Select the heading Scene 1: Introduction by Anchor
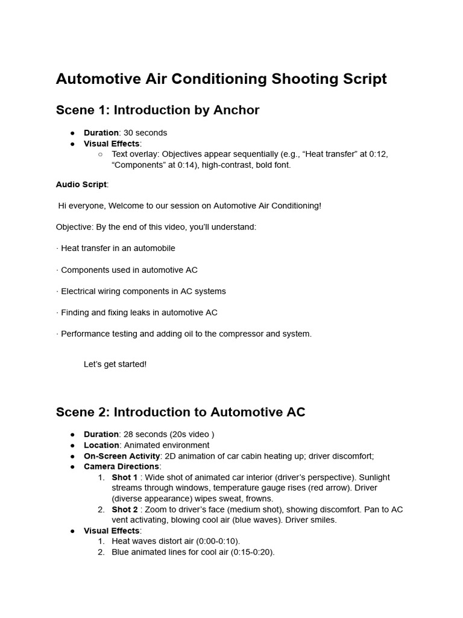coord(157,110)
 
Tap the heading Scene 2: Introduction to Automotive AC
coord(180,412)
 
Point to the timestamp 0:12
coord(378,154)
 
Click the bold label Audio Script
coord(81,185)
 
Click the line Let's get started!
coord(115,365)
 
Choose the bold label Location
coord(101,445)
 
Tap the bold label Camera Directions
coord(122,467)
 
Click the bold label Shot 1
coord(125,477)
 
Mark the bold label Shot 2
coord(125,510)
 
